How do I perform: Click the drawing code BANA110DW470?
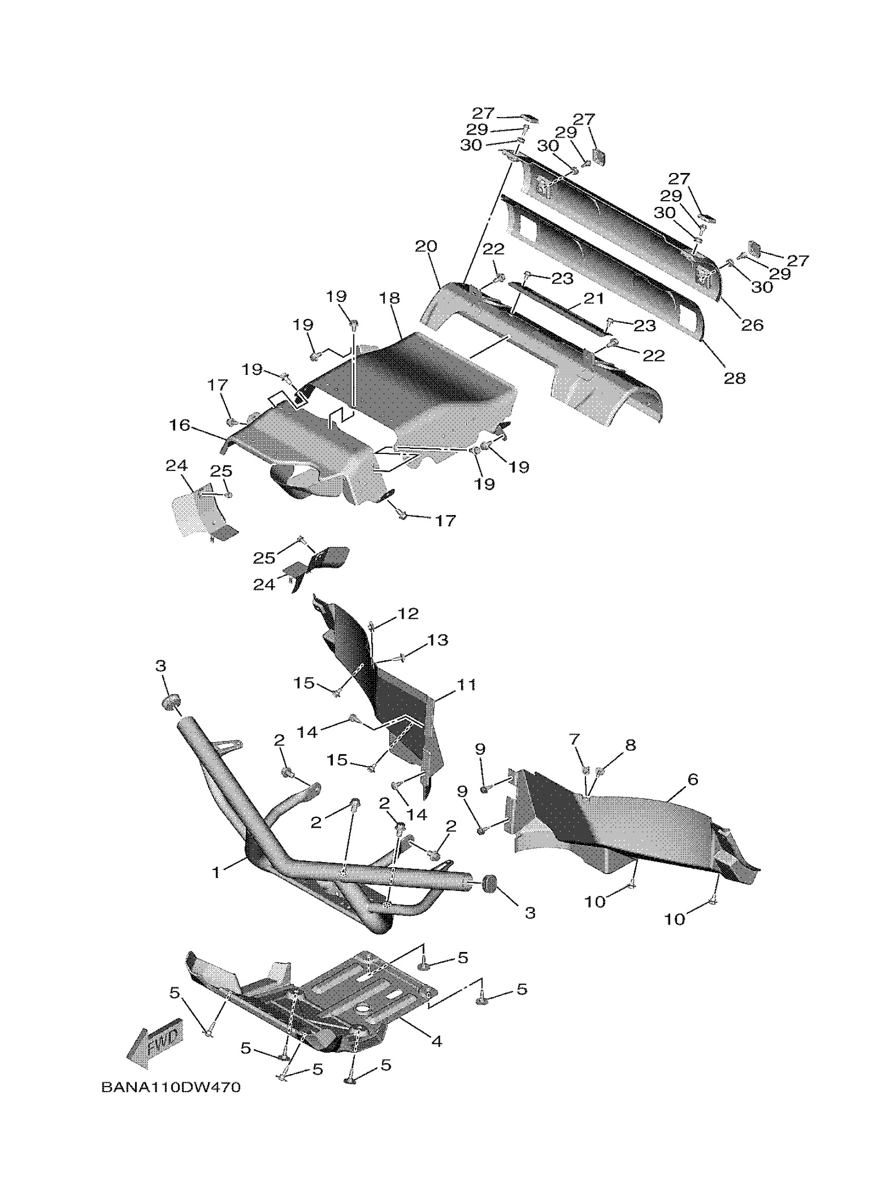pyautogui.click(x=171, y=1087)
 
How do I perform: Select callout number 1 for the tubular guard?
pyautogui.click(x=216, y=872)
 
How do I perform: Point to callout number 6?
pyautogui.click(x=692, y=779)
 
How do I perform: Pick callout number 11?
pyautogui.click(x=467, y=685)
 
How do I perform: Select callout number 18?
pyautogui.click(x=390, y=298)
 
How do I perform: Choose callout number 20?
pyautogui.click(x=426, y=246)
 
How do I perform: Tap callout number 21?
pyautogui.click(x=594, y=299)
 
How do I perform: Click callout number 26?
pyautogui.click(x=751, y=324)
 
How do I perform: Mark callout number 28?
pyautogui.click(x=734, y=378)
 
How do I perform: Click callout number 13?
pyautogui.click(x=438, y=640)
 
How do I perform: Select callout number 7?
pyautogui.click(x=575, y=739)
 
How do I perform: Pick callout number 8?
pyautogui.click(x=630, y=744)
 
